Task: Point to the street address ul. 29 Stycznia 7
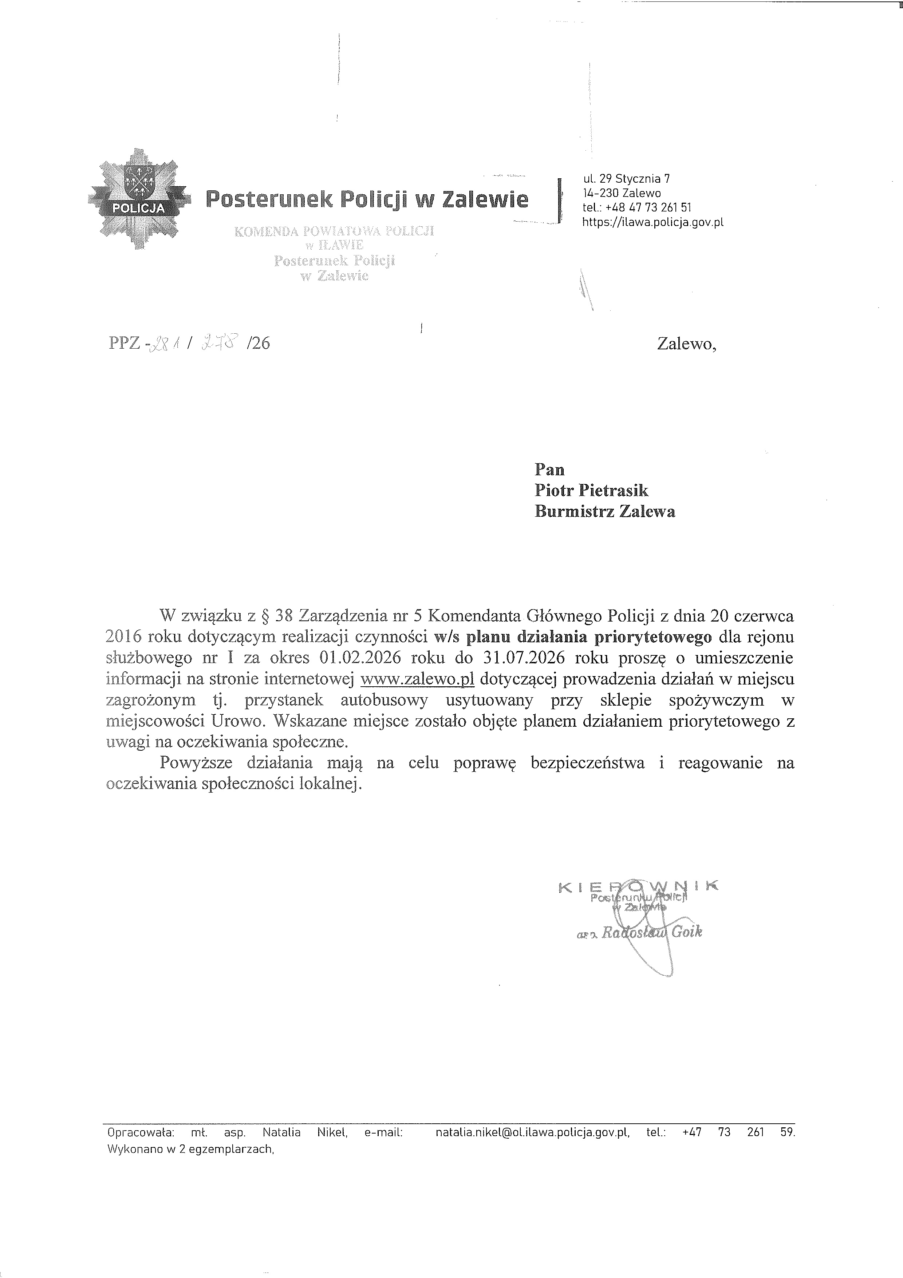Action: point(626,179)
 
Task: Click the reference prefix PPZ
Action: point(125,344)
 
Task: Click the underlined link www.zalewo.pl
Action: point(417,679)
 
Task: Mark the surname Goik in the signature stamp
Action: point(687,932)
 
